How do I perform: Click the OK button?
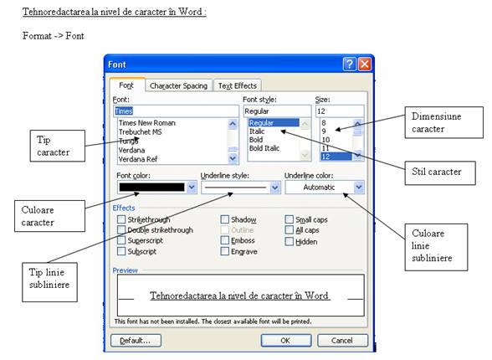pos(286,341)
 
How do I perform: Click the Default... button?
pos(136,341)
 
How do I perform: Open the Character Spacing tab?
pos(178,85)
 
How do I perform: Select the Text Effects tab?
pos(238,85)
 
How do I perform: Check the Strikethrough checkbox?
pos(121,219)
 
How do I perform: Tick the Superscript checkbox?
pos(121,240)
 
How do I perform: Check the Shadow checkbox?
pos(224,219)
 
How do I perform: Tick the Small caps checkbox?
pos(290,219)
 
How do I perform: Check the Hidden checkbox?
pos(290,241)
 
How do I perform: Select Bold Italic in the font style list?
pos(264,148)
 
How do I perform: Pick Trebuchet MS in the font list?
pos(141,131)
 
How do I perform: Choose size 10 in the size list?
pos(325,140)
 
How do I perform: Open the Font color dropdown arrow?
pos(192,188)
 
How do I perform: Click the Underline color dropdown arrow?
pos(359,188)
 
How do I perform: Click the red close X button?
pos(365,64)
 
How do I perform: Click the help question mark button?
pos(350,64)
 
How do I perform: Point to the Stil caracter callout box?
pos(440,173)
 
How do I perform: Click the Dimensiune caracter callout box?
pos(443,122)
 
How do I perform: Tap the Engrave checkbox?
pos(224,251)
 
